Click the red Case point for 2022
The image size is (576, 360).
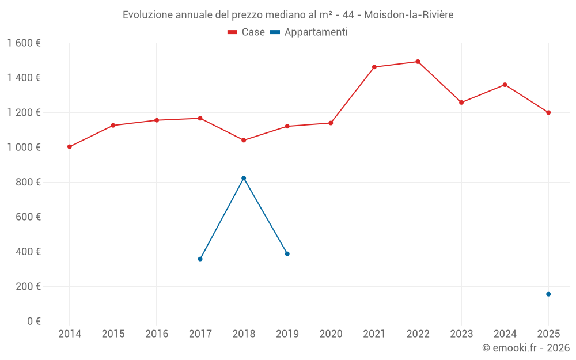(x=418, y=62)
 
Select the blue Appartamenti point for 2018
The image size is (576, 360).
(x=244, y=178)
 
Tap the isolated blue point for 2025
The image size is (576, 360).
(x=548, y=294)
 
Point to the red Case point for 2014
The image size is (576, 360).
(x=70, y=146)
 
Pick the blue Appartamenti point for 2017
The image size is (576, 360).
(x=200, y=259)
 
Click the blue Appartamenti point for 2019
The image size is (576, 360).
(x=287, y=254)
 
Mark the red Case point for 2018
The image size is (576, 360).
(x=244, y=141)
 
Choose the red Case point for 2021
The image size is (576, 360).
(x=374, y=67)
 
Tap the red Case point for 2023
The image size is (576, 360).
(x=461, y=103)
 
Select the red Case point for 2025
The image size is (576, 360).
(x=548, y=113)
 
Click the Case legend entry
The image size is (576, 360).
(x=246, y=32)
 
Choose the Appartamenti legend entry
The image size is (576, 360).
(x=309, y=32)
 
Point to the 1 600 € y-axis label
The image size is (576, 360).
(x=24, y=43)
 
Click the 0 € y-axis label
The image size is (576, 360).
(x=34, y=321)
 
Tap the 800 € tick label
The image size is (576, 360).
(x=28, y=182)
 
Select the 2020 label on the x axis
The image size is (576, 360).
(x=331, y=334)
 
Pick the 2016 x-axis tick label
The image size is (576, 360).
(x=157, y=334)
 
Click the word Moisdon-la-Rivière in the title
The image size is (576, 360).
(x=409, y=15)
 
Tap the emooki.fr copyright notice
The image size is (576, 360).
(x=526, y=348)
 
